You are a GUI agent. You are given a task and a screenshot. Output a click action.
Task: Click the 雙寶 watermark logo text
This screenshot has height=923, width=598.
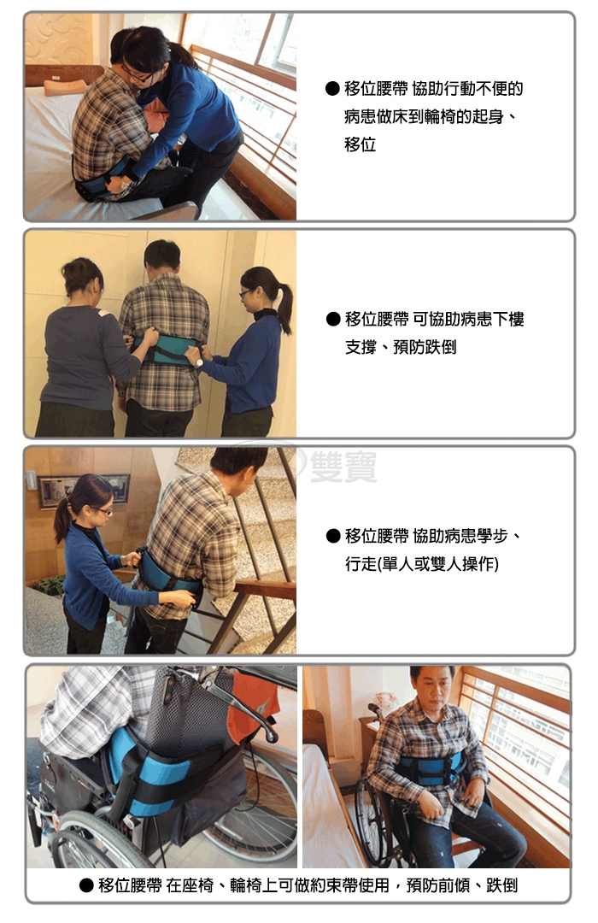pos(343,467)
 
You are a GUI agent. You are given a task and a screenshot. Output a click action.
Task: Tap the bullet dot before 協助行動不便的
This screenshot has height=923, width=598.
pos(332,89)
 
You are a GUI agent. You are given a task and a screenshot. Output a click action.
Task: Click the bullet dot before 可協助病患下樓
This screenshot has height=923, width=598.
pos(333,319)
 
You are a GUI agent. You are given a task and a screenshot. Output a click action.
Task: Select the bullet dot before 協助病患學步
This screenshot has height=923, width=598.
pos(333,536)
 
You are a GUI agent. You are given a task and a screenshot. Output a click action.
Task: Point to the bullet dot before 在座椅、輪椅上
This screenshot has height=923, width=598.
pos(86,885)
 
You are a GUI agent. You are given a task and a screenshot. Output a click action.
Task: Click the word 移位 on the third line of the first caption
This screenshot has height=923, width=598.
pos(361,144)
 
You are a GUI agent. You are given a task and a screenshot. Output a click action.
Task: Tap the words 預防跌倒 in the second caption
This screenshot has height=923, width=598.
pos(425,347)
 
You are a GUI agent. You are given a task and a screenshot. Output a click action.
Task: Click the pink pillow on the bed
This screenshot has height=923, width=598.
pos(65,87)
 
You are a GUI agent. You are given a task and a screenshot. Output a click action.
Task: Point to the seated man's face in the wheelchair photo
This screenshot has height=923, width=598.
pos(432,685)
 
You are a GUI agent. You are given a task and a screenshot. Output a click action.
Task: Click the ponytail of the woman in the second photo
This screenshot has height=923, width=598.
pos(284,308)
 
